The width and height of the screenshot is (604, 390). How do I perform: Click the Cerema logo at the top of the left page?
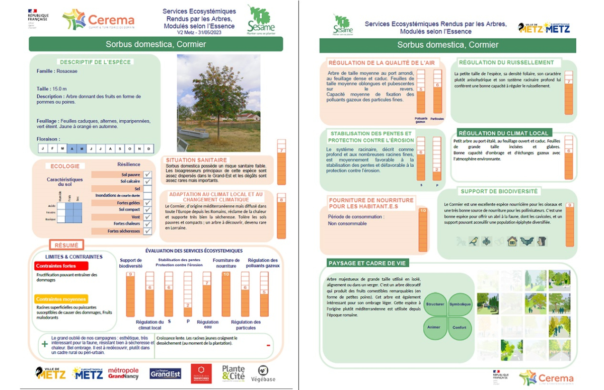click(x=99, y=20)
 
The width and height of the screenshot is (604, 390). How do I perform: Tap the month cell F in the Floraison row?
click(x=53, y=148)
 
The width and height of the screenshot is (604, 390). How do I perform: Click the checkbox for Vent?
click(x=147, y=217)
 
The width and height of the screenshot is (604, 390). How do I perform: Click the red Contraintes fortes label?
click(x=61, y=266)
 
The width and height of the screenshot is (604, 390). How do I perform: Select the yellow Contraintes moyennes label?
click(x=61, y=299)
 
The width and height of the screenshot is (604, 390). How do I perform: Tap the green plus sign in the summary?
click(x=45, y=344)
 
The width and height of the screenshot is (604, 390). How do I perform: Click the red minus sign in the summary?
click(x=268, y=345)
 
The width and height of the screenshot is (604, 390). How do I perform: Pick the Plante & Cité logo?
click(x=234, y=373)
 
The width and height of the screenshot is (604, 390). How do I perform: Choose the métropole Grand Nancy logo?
click(x=123, y=373)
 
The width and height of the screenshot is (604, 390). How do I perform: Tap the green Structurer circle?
click(x=435, y=304)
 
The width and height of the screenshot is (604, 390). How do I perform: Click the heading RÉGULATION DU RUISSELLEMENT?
click(x=506, y=63)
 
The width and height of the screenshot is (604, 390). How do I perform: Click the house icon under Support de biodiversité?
click(x=512, y=241)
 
